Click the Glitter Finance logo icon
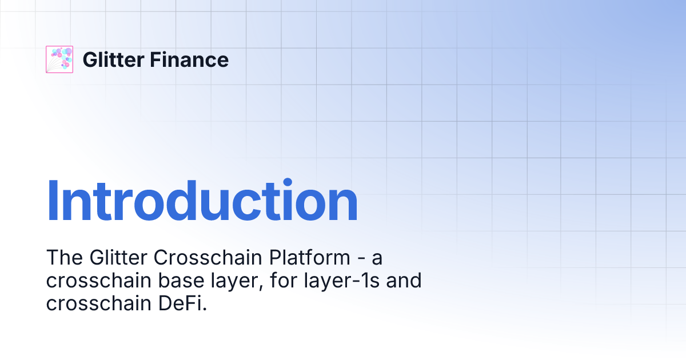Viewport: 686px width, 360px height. (59, 59)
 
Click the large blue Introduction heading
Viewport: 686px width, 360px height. (202, 201)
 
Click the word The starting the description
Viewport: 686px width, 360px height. (65, 258)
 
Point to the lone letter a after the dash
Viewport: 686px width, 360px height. (377, 259)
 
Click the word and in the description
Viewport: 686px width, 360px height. (404, 281)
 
